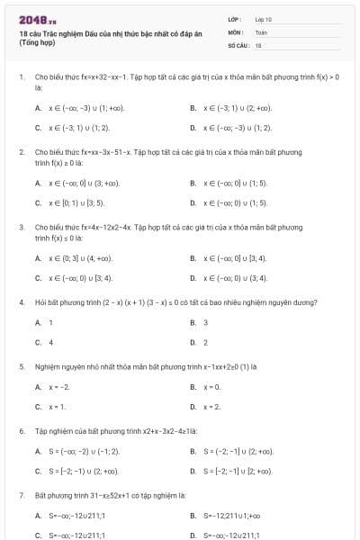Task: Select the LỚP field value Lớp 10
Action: tap(264, 18)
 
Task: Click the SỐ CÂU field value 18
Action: tap(258, 43)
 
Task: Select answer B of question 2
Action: tap(235, 183)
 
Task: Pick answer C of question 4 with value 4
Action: tap(50, 342)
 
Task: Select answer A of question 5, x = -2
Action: tap(58, 387)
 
